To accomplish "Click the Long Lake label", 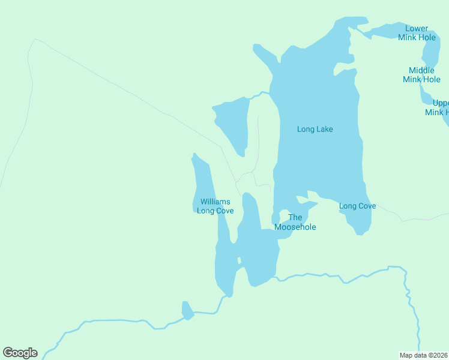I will pyautogui.click(x=315, y=129).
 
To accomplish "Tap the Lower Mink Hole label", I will pyautogui.click(x=417, y=32).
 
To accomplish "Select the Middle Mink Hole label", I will pyautogui.click(x=421, y=74).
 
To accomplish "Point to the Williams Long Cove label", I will pyautogui.click(x=215, y=206).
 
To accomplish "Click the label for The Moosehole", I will pyautogui.click(x=295, y=222).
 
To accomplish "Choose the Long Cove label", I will pyautogui.click(x=357, y=206).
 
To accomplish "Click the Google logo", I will pyautogui.click(x=20, y=352).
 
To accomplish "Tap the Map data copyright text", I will pyautogui.click(x=424, y=355).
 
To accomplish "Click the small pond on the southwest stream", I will pyautogui.click(x=187, y=311).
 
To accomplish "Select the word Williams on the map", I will pyautogui.click(x=215, y=202).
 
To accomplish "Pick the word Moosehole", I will pyautogui.click(x=295, y=227).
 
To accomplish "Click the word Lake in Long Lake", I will pyautogui.click(x=324, y=129).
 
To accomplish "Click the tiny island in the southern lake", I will pyautogui.click(x=239, y=260).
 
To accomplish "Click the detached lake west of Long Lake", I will pyautogui.click(x=234, y=123).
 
